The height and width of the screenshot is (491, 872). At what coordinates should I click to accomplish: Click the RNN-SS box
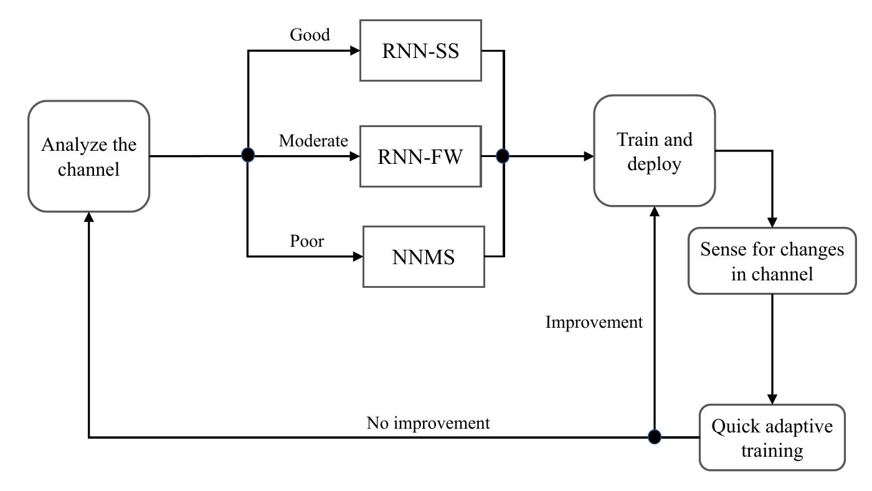(x=420, y=51)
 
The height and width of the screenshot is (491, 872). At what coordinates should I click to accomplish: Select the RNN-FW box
(x=420, y=156)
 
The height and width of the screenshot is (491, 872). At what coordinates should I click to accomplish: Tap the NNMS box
(x=424, y=257)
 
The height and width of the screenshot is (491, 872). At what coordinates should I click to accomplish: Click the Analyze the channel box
(x=88, y=156)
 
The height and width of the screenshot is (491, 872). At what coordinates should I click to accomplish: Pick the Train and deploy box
(x=654, y=151)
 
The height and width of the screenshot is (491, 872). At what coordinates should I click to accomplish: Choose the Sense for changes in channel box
(x=772, y=260)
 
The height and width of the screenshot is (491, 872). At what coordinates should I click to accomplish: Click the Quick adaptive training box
(x=772, y=437)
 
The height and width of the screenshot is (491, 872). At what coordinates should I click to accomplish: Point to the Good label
(x=310, y=35)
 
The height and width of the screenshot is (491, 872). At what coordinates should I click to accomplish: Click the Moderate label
(x=313, y=141)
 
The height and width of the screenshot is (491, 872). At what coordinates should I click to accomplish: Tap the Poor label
(x=307, y=241)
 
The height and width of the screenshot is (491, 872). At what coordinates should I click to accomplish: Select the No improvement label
(x=428, y=423)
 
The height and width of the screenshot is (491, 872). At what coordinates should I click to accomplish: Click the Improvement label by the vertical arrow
(x=594, y=322)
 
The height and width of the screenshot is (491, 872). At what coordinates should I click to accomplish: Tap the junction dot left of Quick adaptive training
(x=654, y=437)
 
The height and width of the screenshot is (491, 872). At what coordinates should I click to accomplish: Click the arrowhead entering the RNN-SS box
(x=355, y=51)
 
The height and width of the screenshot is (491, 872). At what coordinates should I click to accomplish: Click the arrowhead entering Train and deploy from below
(x=654, y=212)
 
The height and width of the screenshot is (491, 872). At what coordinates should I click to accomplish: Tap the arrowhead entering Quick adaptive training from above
(x=772, y=399)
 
